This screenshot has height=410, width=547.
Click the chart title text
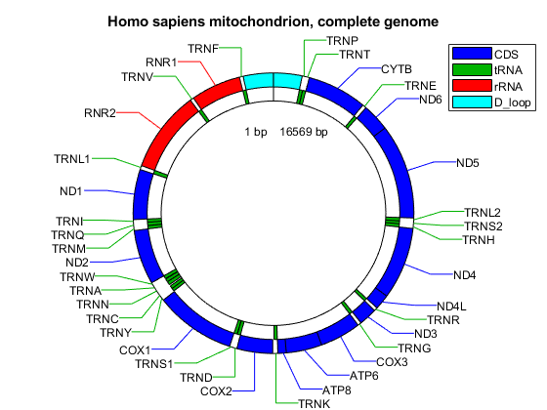[x=273, y=21]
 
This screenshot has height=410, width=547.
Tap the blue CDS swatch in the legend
[x=472, y=54]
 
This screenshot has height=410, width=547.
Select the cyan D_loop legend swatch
[x=472, y=102]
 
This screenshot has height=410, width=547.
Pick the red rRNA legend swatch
[x=472, y=86]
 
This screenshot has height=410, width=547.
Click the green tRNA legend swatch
[x=472, y=69]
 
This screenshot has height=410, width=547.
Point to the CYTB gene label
[x=397, y=69]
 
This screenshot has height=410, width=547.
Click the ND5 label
[x=468, y=163]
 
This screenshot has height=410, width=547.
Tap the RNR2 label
[x=100, y=113]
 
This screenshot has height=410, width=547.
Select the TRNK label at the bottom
[x=314, y=404]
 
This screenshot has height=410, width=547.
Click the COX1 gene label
[x=135, y=350]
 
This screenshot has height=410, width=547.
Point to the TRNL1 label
[x=72, y=159]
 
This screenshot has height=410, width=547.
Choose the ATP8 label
[x=336, y=390]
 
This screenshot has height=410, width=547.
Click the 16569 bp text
[x=304, y=132]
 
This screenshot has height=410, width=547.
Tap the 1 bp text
[x=256, y=132]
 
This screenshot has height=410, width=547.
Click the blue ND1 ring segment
[x=142, y=194]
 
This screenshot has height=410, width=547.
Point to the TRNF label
[x=203, y=49]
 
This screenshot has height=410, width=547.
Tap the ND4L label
[x=451, y=307]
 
